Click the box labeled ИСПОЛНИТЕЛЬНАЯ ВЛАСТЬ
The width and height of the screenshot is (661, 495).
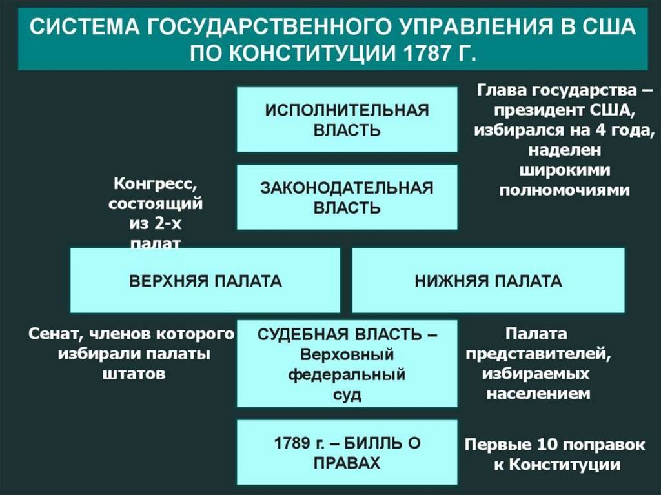click(x=347, y=119)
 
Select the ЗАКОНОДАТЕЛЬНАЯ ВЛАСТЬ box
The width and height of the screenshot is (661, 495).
click(x=347, y=197)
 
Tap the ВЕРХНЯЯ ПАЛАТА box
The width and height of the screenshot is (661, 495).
click(x=205, y=281)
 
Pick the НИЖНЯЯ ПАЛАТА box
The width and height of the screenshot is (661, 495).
click(x=488, y=281)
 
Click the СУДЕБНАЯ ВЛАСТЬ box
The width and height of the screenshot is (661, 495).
click(x=347, y=363)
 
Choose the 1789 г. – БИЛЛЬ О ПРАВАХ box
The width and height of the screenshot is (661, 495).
click(x=347, y=453)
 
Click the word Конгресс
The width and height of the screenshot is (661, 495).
click(x=156, y=183)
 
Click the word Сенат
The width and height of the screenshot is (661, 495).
click(x=54, y=334)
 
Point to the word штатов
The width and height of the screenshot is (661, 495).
click(x=134, y=374)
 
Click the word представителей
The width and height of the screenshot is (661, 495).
click(x=535, y=354)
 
